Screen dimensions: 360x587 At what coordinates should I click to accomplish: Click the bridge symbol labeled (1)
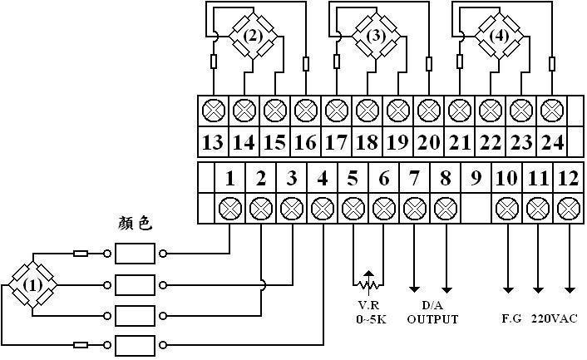(32, 284)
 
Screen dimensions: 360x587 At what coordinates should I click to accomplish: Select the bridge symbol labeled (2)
(254, 36)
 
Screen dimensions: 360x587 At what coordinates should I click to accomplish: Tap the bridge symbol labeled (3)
(376, 36)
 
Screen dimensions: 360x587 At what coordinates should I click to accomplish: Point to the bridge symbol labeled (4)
(499, 36)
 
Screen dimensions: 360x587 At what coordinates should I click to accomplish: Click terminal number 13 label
(213, 142)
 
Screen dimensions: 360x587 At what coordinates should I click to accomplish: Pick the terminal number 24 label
(552, 142)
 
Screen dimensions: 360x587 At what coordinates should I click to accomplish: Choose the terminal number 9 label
(476, 177)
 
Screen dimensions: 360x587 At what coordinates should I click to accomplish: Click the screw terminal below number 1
(229, 208)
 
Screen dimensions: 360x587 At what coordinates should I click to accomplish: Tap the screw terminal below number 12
(569, 208)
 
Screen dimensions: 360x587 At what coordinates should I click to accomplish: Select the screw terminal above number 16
(306, 109)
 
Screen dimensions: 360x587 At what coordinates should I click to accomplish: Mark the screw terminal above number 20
(429, 109)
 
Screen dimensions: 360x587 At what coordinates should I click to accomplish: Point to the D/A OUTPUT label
(432, 313)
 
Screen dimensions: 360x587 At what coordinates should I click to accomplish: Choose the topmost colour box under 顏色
(135, 253)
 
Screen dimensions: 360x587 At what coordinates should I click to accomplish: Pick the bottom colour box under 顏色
(135, 344)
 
